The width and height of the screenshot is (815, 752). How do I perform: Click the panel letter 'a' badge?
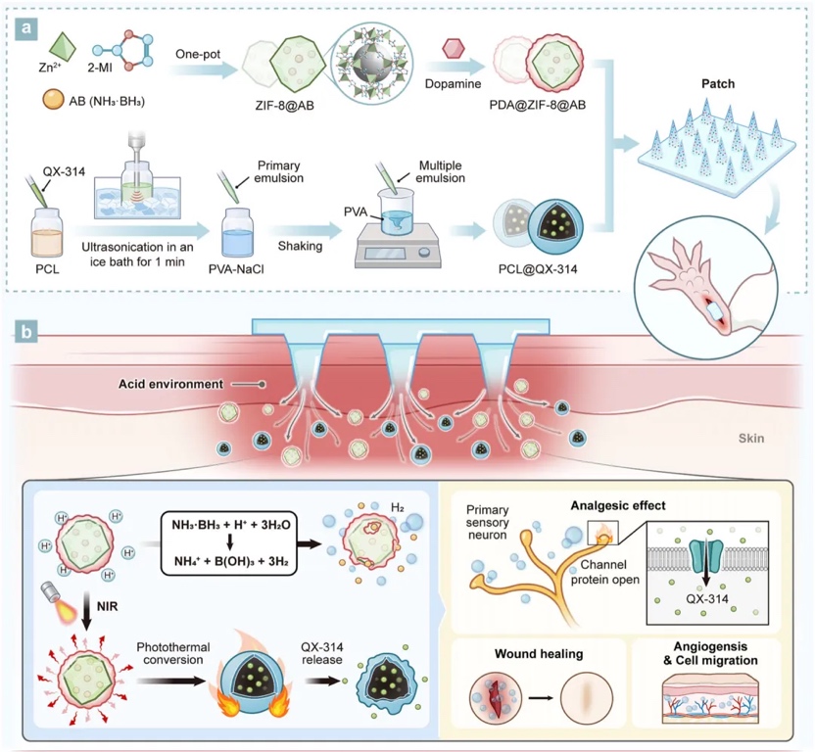click(33, 26)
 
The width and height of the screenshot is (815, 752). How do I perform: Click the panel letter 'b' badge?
click(33, 331)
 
